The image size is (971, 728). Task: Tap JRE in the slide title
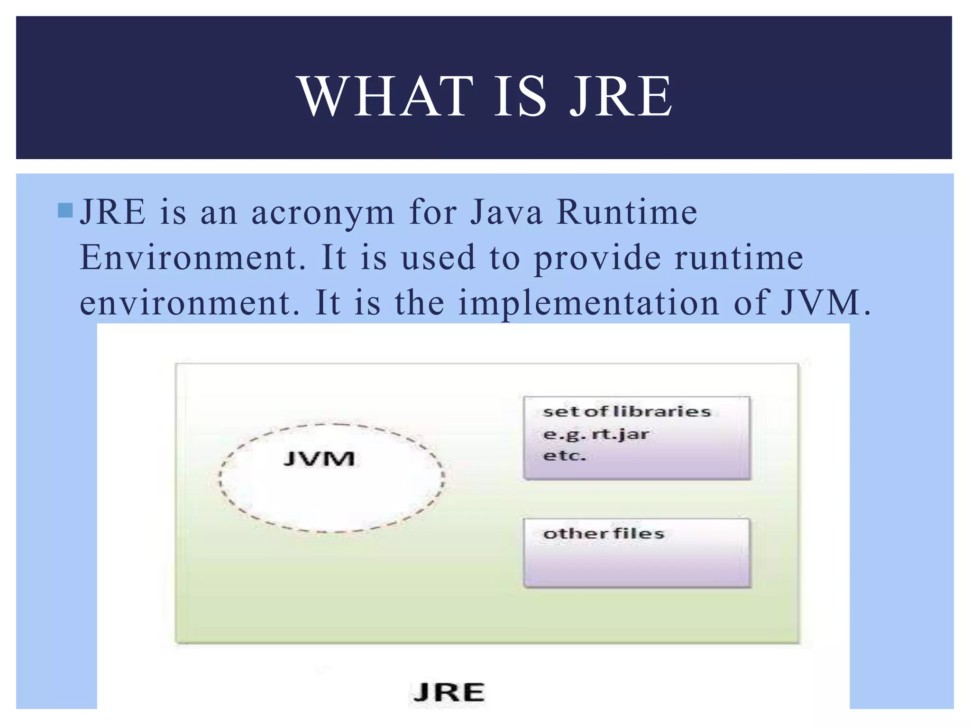621,97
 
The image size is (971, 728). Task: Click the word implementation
588,303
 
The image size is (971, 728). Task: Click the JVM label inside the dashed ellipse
319,459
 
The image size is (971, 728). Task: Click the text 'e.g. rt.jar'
595,434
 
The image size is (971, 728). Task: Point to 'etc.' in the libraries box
564,456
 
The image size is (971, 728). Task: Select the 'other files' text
603,534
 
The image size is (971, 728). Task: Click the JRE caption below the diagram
448,692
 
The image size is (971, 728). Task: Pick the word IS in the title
520,97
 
